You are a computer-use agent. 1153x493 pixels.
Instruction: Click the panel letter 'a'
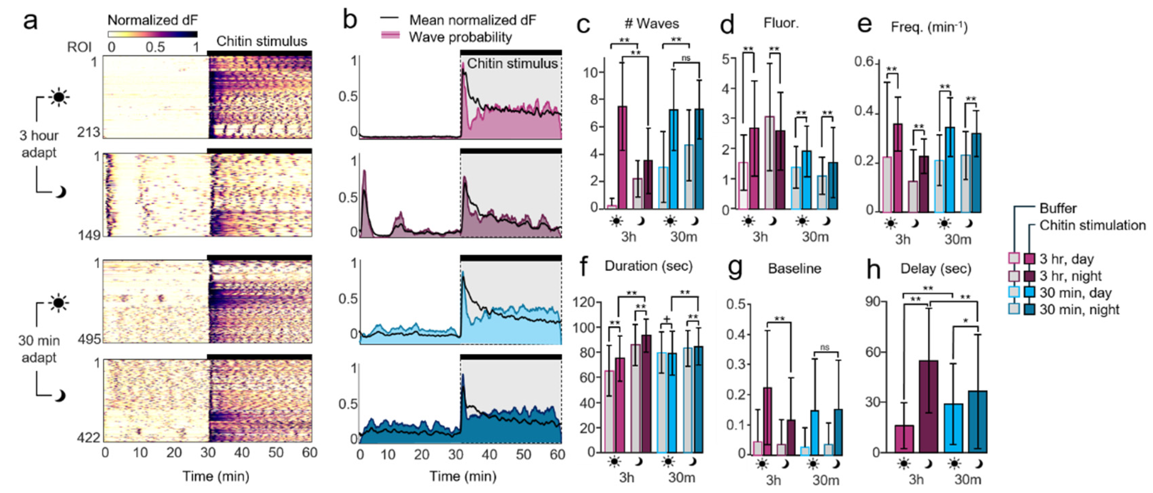coord(30,21)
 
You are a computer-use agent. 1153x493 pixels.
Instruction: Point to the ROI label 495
coord(89,339)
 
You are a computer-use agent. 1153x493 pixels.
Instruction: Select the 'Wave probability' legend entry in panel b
coord(460,37)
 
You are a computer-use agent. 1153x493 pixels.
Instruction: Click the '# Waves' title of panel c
coord(651,24)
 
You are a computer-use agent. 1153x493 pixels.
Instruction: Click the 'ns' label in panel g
coord(824,347)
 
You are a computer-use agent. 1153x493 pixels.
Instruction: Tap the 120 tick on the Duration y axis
coord(584,302)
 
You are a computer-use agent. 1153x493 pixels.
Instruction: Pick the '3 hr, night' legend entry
coord(1070,276)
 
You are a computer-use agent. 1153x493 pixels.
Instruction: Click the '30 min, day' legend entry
coord(1074,293)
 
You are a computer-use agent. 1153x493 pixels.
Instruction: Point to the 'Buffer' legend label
coord(1058,208)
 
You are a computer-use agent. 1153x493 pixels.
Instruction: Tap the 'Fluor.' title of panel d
coord(781,23)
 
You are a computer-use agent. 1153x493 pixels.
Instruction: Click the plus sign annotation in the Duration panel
coord(667,319)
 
